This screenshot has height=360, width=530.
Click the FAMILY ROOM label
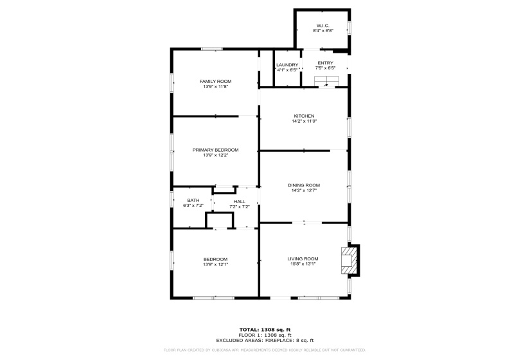[x=215, y=81]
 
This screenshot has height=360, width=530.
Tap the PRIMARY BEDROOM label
[x=215, y=150]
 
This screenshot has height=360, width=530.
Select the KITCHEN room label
[x=304, y=116]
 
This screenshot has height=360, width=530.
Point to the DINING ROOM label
[x=304, y=184]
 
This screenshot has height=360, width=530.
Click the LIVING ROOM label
[x=303, y=258]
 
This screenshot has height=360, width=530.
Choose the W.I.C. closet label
[x=322, y=26]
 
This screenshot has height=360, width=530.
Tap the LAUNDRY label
[x=287, y=64]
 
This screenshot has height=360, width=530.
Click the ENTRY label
[x=325, y=62]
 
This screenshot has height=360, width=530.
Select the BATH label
[x=193, y=201]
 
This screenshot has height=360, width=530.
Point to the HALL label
[x=240, y=201]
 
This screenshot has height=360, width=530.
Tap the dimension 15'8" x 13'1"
[x=303, y=264]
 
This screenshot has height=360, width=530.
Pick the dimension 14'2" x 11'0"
[x=304, y=121]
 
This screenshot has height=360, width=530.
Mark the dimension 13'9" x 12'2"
[x=215, y=155]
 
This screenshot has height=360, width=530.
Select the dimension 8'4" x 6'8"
[x=322, y=31]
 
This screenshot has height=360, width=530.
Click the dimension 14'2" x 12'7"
[x=304, y=190]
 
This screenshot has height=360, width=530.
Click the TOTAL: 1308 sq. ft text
[x=265, y=329]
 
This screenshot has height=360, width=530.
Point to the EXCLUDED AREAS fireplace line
[x=265, y=339]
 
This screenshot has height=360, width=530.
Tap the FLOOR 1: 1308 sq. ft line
[x=265, y=334]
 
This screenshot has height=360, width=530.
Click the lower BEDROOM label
[x=215, y=258]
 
